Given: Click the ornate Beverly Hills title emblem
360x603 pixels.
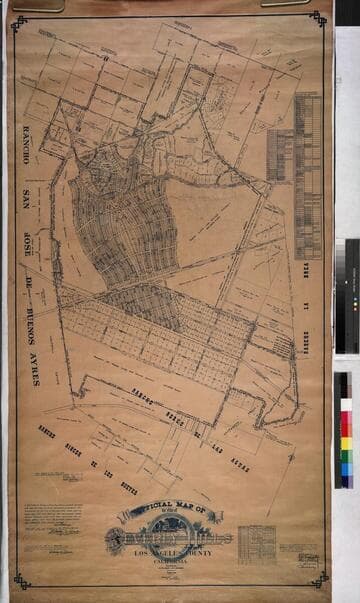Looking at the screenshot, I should [170, 536].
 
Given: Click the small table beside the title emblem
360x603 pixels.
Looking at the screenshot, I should [256, 546].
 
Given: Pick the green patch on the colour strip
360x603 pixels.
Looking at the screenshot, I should [346, 456].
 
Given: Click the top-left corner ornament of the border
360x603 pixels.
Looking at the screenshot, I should [20, 21].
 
